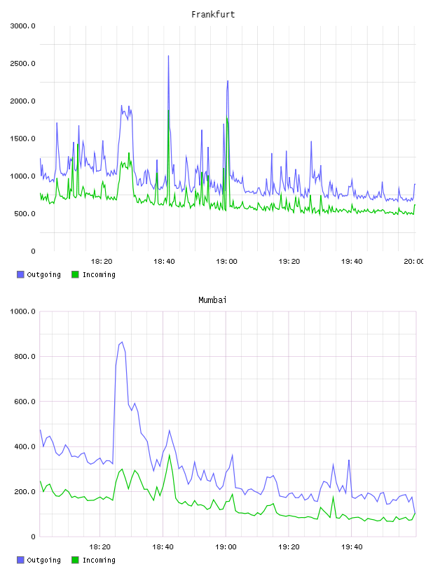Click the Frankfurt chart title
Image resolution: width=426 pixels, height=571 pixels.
[x=213, y=15]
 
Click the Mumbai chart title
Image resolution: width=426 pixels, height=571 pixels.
[x=212, y=300]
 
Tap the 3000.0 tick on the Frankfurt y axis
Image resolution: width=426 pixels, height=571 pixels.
[x=23, y=26]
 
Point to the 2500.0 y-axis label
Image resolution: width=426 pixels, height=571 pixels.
[x=23, y=64]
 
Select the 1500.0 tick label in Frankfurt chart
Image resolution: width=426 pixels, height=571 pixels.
[x=23, y=139]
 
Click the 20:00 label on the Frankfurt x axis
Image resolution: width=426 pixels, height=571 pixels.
[x=413, y=261]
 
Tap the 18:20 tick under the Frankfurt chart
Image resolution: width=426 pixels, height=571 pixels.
[x=102, y=261]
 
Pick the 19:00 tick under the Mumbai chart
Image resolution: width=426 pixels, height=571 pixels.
[x=226, y=547]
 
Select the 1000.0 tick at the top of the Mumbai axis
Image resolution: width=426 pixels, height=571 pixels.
[x=23, y=311]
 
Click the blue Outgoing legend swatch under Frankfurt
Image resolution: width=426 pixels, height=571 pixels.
[x=20, y=274]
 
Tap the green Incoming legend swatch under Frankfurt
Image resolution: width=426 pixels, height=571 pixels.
[x=75, y=274]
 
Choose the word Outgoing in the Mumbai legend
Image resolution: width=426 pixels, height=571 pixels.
[x=43, y=560]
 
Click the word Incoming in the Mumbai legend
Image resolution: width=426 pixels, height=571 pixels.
[x=99, y=560]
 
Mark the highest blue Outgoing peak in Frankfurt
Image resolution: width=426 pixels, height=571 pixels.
[x=168, y=56]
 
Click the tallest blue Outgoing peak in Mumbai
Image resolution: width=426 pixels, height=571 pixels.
[x=122, y=342]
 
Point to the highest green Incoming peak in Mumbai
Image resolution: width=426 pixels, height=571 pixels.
[x=170, y=455]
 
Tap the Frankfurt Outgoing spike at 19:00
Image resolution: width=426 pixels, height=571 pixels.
[x=228, y=81]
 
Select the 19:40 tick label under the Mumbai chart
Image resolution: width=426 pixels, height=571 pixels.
[x=352, y=547]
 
